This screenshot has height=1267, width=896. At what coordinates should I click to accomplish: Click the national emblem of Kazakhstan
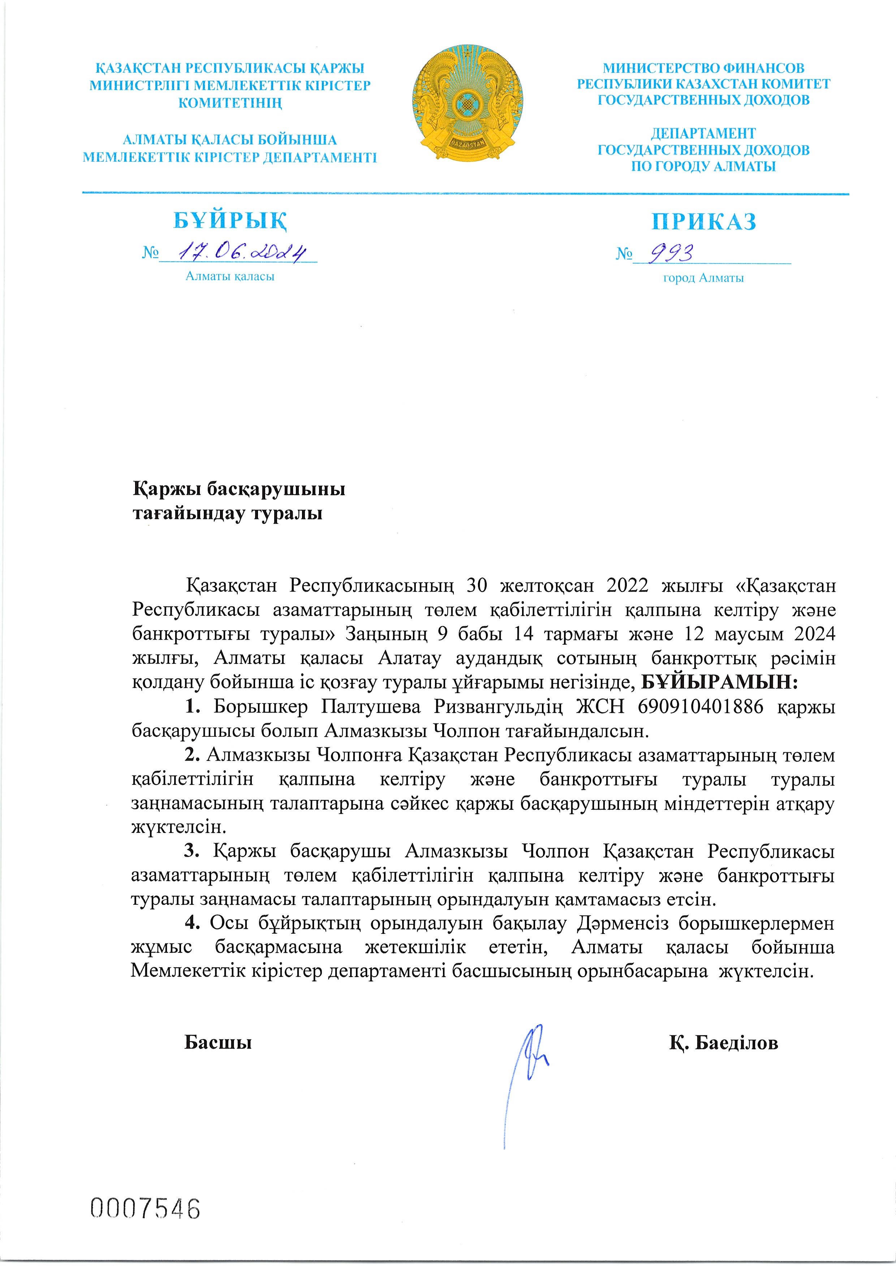tap(468, 103)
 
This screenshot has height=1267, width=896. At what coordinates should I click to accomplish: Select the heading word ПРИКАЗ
tap(704, 221)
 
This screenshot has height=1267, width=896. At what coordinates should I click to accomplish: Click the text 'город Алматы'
tap(703, 278)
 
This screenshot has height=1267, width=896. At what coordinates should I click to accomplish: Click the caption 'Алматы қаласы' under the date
tap(230, 276)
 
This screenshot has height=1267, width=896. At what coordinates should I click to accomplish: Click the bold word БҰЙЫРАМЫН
tap(719, 683)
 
